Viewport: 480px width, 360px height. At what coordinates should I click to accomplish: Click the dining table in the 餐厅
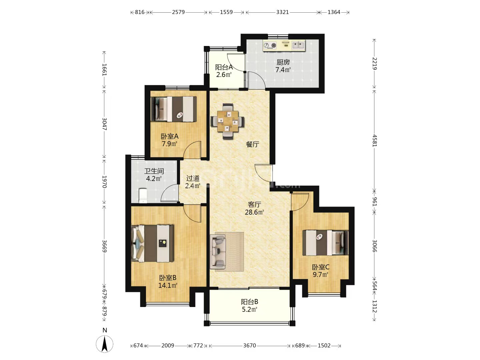[x=227, y=121]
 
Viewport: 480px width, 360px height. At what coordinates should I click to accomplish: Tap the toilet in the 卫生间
[x=143, y=196]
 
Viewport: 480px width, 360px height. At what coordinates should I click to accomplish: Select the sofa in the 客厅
[x=217, y=252]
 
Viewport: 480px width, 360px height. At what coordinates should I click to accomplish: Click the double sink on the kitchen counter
[x=298, y=45]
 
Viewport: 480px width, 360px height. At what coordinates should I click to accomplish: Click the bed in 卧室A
[x=174, y=109]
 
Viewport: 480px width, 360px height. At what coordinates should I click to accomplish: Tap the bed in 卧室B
[x=152, y=243]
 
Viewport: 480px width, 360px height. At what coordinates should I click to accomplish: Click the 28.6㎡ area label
[x=254, y=212]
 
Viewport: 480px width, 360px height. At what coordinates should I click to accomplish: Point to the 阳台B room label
[x=250, y=302]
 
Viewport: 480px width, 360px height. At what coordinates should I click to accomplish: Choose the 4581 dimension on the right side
[x=374, y=141]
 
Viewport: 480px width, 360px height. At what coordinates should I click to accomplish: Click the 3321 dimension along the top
[x=283, y=12]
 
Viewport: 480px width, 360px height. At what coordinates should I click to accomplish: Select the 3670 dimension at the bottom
[x=250, y=345]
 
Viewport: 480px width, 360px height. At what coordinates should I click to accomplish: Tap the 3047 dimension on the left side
[x=105, y=124]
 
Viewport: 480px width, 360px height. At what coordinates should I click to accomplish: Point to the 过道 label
[x=193, y=178]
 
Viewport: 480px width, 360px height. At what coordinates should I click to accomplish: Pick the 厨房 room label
[x=283, y=62]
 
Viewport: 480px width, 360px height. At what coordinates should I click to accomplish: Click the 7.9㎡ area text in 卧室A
[x=169, y=144]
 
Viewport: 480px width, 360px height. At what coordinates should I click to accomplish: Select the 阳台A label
[x=224, y=67]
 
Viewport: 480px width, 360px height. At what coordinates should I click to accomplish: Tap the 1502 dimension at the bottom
[x=324, y=345]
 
